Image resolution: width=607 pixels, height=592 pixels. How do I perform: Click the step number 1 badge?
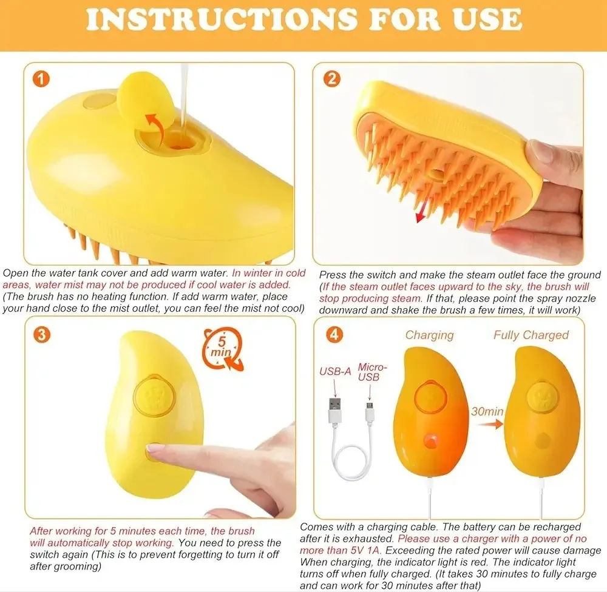pyautogui.click(x=41, y=79)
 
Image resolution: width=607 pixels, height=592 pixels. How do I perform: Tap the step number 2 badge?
pyautogui.click(x=332, y=78)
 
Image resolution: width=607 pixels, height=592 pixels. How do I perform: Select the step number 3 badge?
pyautogui.click(x=42, y=334)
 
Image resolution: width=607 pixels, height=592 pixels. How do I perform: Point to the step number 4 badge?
pyautogui.click(x=334, y=334)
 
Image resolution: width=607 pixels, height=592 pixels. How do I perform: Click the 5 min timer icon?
pyautogui.click(x=222, y=349)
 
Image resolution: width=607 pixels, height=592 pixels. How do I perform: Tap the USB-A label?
pyautogui.click(x=335, y=371)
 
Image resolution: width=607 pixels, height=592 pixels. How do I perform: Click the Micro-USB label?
pyautogui.click(x=372, y=372)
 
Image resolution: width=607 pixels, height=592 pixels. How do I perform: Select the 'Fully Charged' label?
pyautogui.click(x=531, y=335)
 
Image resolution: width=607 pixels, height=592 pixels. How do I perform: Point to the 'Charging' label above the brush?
pyautogui.click(x=429, y=335)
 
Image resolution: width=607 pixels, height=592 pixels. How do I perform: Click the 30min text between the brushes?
pyautogui.click(x=487, y=411)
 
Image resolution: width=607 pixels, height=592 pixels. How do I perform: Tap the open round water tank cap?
pyautogui.click(x=144, y=93)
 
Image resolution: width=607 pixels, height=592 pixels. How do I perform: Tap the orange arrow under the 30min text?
pyautogui.click(x=490, y=425)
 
